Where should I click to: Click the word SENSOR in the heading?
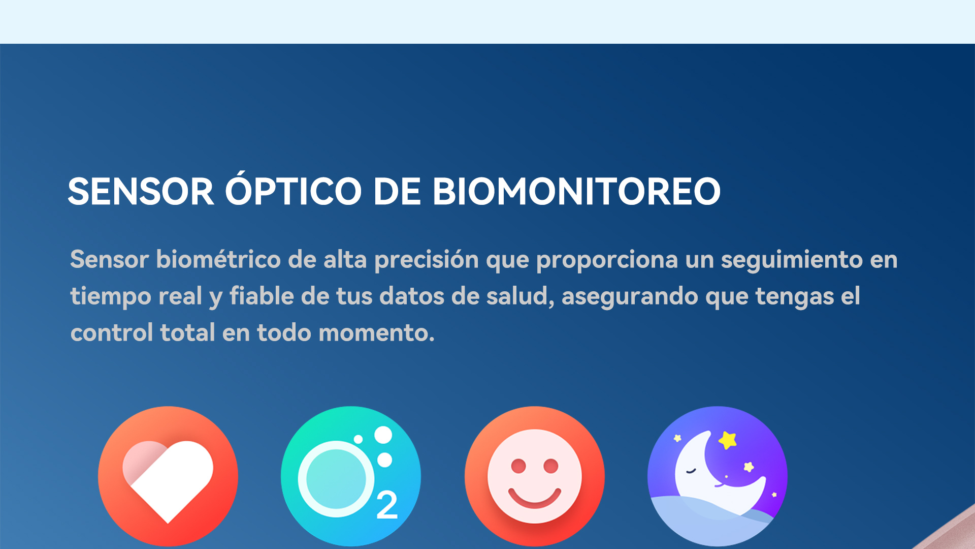(141, 192)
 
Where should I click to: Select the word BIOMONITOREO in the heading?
(576, 192)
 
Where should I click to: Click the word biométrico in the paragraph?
(218, 259)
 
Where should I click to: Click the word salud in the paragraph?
(518, 296)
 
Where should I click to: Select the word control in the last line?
(112, 333)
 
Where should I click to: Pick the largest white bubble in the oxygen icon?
(383, 435)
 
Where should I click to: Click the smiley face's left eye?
(518, 466)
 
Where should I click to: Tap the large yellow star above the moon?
(728, 440)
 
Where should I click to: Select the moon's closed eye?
(691, 471)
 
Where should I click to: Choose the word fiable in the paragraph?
(262, 296)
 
